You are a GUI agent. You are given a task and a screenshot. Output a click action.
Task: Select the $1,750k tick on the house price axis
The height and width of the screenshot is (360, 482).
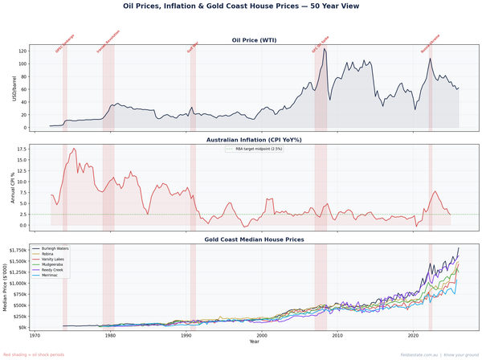tap(18, 250)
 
